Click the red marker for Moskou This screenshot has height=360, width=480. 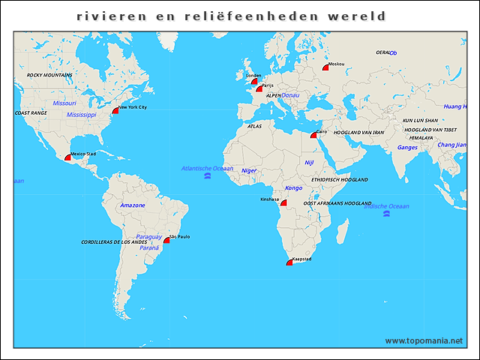point(326,67)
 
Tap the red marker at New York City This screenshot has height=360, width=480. point(115,110)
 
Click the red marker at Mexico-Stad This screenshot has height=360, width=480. point(68,157)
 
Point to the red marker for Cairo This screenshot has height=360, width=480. point(313,136)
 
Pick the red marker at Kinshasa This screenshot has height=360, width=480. point(283,202)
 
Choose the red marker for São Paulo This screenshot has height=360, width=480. point(167,240)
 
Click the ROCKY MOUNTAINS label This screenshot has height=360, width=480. point(49,75)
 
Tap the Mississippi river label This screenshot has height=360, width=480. point(81,115)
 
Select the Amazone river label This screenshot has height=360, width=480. point(133,205)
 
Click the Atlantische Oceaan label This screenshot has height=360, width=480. point(207,168)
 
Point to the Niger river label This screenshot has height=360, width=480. point(249,170)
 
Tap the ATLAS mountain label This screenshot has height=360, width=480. point(254,126)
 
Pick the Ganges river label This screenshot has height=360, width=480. point(407,147)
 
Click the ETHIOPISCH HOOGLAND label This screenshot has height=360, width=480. point(340,180)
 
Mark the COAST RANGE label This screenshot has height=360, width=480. point(31,112)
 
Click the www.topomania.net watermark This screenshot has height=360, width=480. point(424,340)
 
